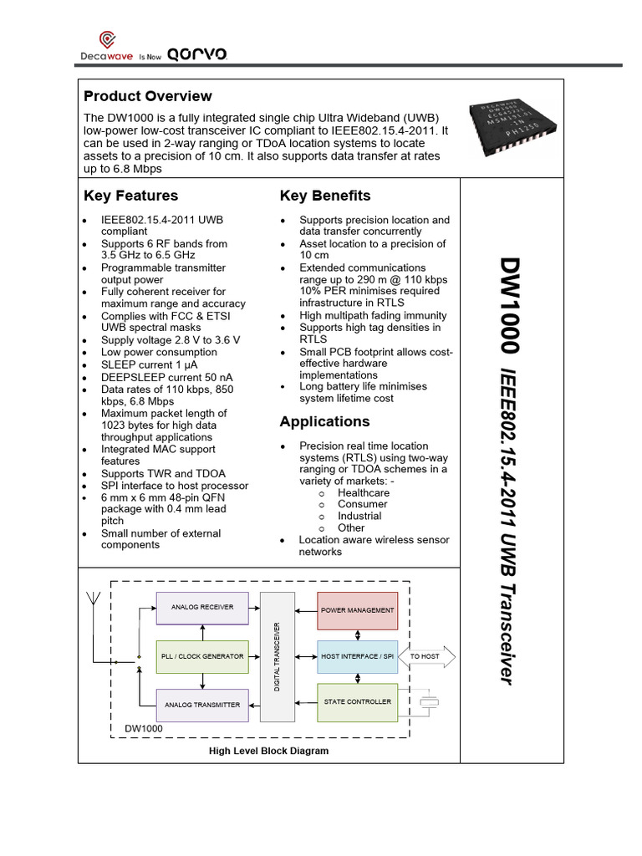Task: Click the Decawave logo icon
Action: (108, 38)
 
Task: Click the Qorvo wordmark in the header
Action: (197, 54)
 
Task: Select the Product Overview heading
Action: (148, 96)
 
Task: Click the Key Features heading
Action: (131, 196)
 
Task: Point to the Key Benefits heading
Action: (325, 196)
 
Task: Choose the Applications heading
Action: (324, 421)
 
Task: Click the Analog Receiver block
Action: (202, 607)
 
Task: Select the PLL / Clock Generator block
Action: (202, 656)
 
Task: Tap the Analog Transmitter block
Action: (202, 705)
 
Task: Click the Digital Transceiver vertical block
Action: (278, 656)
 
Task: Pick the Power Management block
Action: (357, 610)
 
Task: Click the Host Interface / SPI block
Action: (357, 656)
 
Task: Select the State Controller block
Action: (357, 702)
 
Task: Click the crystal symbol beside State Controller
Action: (430, 702)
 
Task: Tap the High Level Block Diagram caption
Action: (268, 751)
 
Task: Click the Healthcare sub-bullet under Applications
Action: (363, 492)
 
